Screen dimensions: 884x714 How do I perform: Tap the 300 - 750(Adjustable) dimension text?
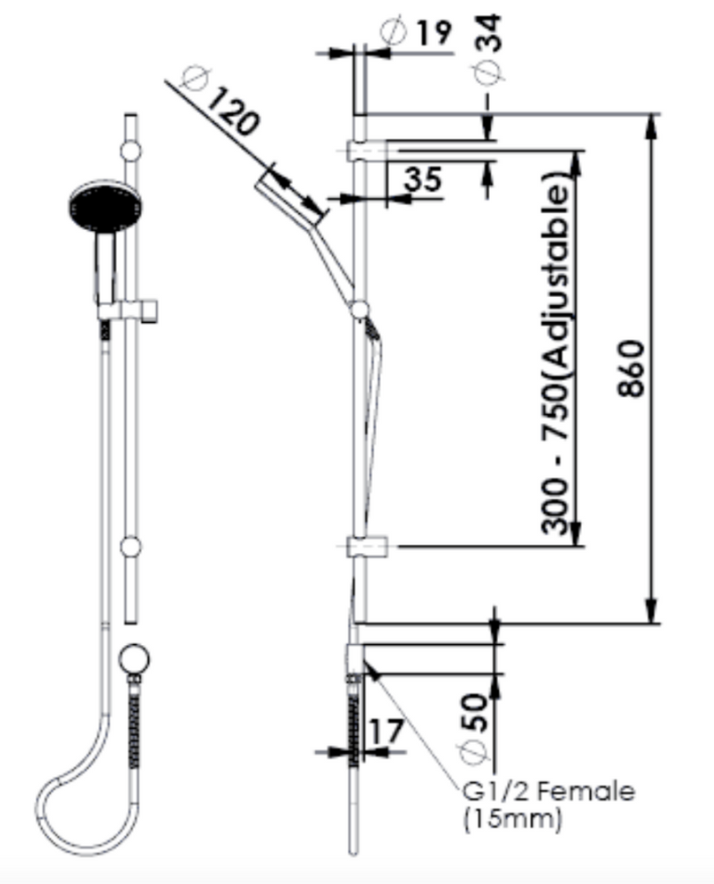[x=557, y=357]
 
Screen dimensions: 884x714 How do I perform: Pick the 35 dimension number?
[x=422, y=178]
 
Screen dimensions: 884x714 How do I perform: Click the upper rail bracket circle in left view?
[x=131, y=151]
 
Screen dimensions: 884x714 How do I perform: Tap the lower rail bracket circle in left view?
[x=131, y=546]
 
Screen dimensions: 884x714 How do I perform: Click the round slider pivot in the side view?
[x=360, y=309]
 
